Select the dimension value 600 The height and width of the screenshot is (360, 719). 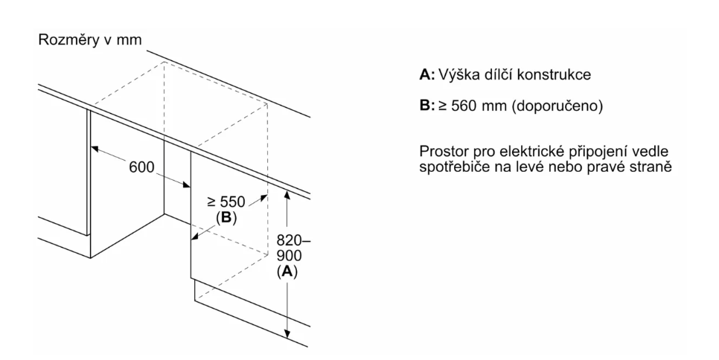click(x=142, y=167)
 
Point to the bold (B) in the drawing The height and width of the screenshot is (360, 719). click(x=226, y=217)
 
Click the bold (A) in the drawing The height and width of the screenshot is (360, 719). click(x=287, y=272)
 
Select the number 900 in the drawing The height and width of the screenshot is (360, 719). click(x=287, y=256)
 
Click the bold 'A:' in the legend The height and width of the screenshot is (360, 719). click(x=427, y=75)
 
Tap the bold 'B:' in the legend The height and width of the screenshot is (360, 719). click(x=427, y=106)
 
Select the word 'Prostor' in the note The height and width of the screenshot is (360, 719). click(x=444, y=153)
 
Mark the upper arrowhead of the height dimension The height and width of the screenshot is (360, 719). click(x=287, y=194)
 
